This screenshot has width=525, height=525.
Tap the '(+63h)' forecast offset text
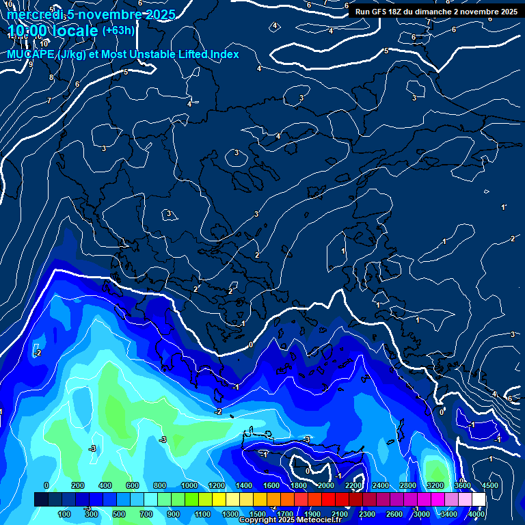point(118,31)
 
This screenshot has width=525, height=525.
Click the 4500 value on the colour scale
point(489,485)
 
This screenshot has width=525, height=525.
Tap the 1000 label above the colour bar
point(189,485)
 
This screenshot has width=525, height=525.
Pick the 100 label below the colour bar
point(64,514)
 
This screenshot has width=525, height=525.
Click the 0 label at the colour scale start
point(46,485)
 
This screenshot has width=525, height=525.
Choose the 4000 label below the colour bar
point(476,514)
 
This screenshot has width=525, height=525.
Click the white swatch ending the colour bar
point(479,500)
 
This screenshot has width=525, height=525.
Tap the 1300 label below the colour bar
point(230,514)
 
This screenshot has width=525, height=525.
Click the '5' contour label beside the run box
point(386,51)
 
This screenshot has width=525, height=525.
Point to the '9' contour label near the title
point(30,64)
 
